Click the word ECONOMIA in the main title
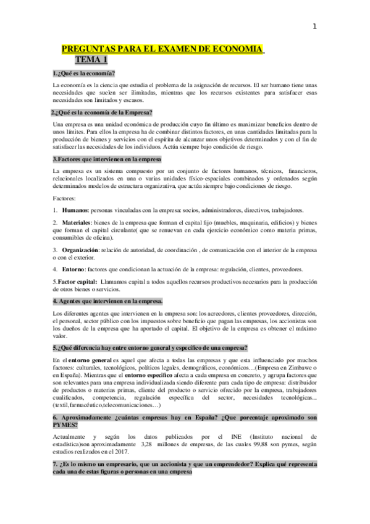click(232, 49)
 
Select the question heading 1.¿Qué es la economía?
click(84, 74)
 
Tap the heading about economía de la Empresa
click(102, 112)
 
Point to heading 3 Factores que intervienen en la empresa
click(107, 159)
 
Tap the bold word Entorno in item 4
click(75, 269)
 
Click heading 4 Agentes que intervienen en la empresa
click(108, 301)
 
